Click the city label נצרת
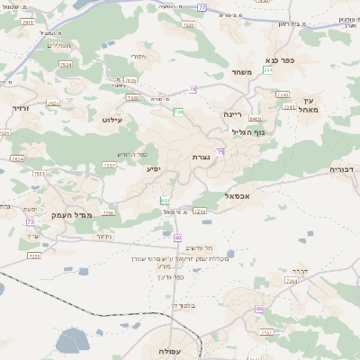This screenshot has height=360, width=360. pyautogui.click(x=201, y=157)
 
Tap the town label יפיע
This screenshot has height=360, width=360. pyautogui.click(x=153, y=168)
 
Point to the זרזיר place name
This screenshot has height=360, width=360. pyautogui.click(x=20, y=107)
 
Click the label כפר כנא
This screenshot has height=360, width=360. pyautogui.click(x=301, y=60)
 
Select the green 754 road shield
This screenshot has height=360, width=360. pyautogui.click(x=267, y=69)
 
